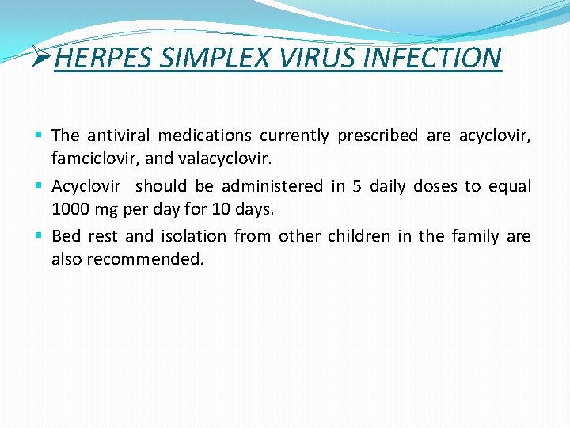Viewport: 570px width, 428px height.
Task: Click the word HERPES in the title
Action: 104,58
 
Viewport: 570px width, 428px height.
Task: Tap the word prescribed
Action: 377,136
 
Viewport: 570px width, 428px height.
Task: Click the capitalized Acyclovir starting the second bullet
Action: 85,186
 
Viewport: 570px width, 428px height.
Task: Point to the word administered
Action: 272,186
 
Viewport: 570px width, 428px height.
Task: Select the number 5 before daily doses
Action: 356,186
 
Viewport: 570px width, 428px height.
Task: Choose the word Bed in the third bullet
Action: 66,236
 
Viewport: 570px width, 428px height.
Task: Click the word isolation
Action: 193,236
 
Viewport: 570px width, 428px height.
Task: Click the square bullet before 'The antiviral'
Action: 40,136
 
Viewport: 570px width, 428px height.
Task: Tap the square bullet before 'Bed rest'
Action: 40,236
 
